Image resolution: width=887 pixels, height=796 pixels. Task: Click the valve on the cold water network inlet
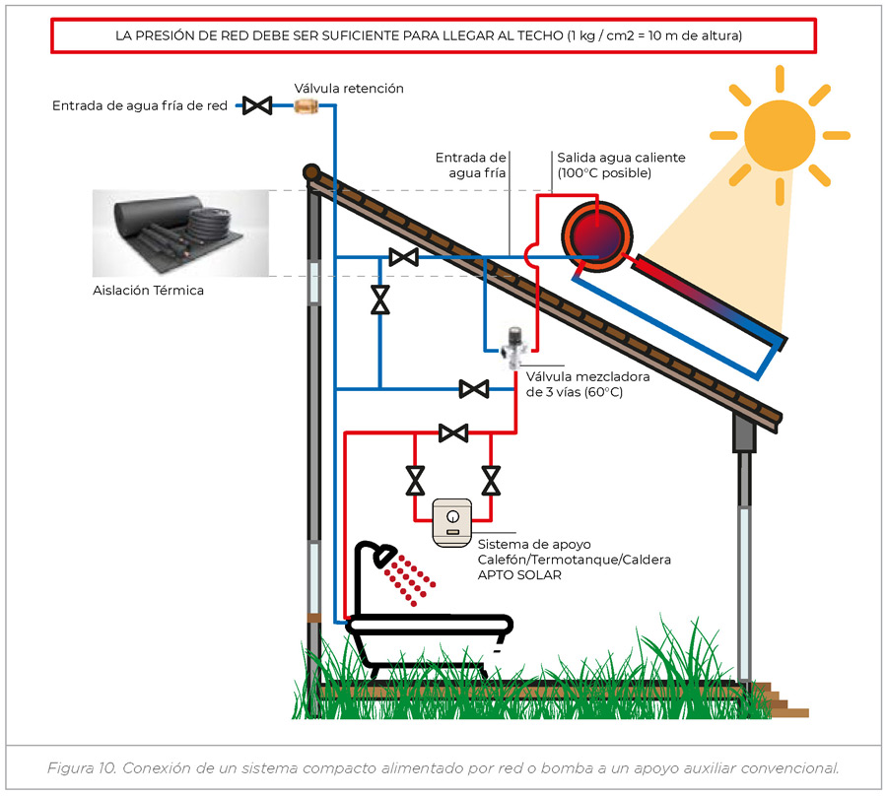pos(258,105)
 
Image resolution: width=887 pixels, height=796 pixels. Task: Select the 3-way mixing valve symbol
pos(512,348)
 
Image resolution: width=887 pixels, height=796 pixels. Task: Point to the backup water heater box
pos(452,520)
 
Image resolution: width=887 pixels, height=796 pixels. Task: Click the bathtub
pos(429,630)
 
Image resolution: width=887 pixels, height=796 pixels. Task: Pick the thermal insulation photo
pos(180,233)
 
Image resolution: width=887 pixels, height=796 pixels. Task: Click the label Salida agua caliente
pos(621,158)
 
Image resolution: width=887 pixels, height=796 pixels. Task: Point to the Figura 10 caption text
pos(443,767)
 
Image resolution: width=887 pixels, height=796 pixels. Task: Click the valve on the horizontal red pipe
pos(452,431)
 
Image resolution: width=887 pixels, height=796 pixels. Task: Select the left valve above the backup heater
pos(415,480)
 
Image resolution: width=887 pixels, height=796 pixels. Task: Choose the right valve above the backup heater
pos(490,480)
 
